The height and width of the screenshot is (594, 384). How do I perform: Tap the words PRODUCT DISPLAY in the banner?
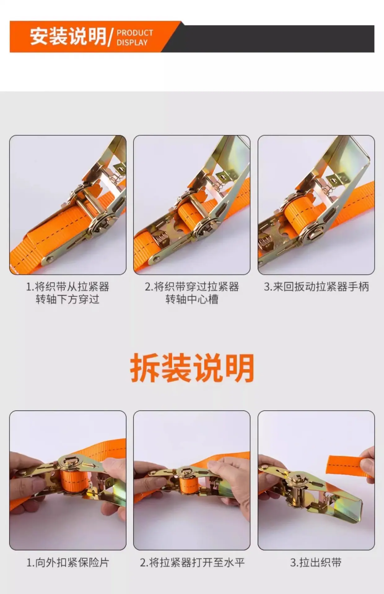tap(135, 37)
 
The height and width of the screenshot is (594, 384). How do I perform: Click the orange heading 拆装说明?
tap(192, 368)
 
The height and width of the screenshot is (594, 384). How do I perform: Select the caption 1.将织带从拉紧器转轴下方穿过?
tap(68, 293)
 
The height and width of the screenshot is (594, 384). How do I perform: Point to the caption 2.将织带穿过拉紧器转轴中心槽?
tap(192, 293)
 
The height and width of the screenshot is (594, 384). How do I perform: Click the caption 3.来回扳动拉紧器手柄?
tap(316, 287)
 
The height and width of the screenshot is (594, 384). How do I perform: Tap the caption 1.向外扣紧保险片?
tap(68, 562)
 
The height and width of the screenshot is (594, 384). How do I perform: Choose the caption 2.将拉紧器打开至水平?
tap(192, 562)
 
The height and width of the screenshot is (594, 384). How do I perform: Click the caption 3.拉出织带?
tap(316, 562)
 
